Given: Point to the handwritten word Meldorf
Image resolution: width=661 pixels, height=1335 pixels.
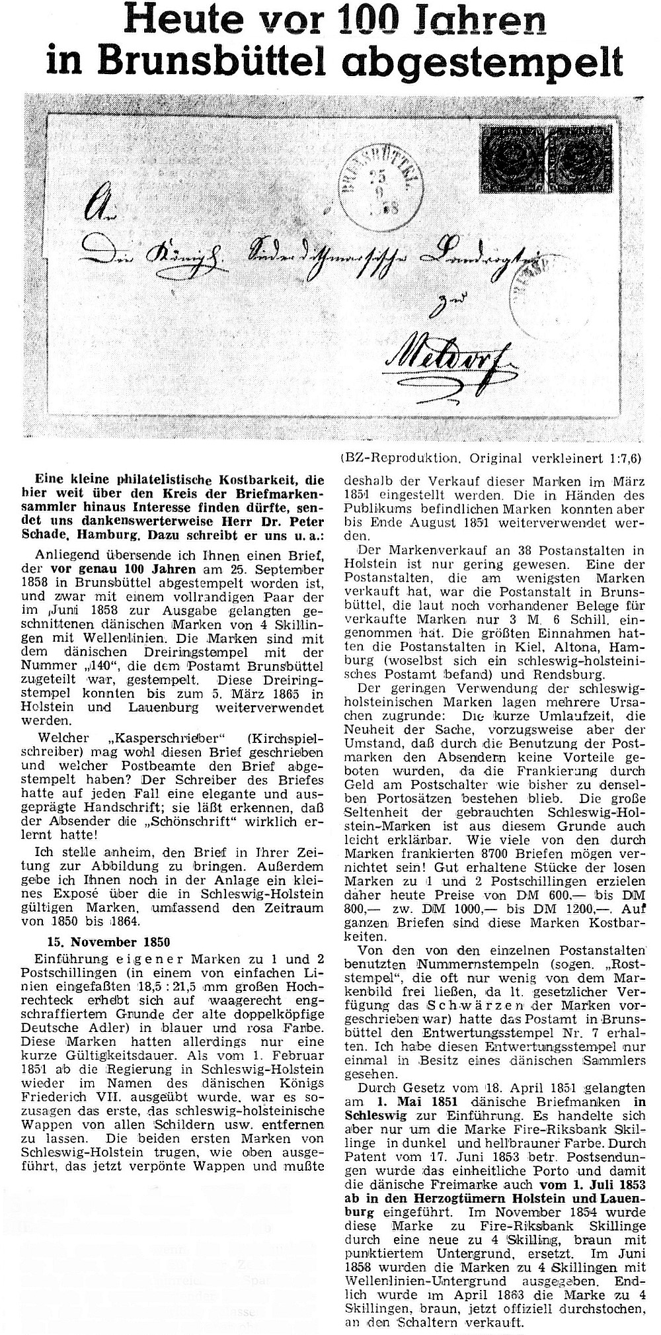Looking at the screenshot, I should tap(435, 357).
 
